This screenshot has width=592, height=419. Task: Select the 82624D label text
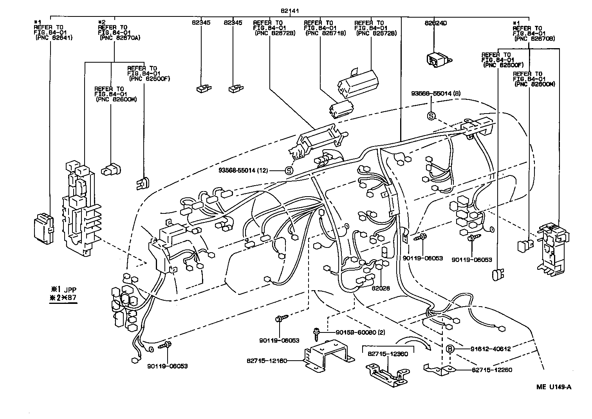(x=435, y=23)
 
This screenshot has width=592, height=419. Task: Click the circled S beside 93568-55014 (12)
(x=289, y=170)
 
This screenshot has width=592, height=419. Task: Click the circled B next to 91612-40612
(x=450, y=349)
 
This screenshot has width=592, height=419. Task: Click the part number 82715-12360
(x=388, y=354)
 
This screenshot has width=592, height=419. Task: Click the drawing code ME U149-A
(x=554, y=387)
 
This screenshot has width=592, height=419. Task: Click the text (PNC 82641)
(x=54, y=38)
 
